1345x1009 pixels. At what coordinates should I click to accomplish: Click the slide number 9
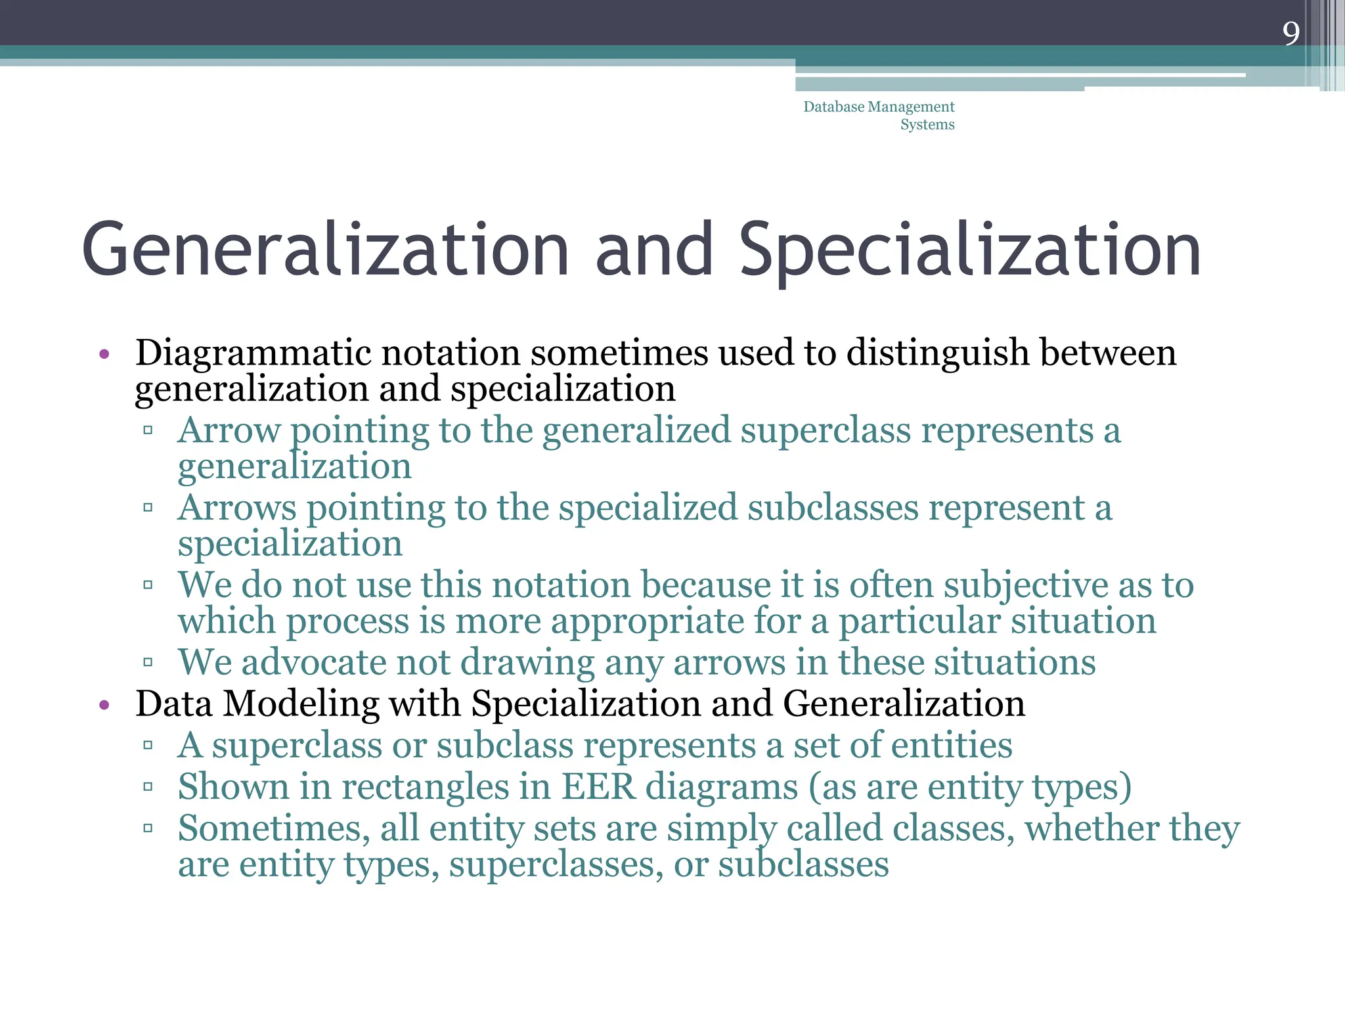(1290, 34)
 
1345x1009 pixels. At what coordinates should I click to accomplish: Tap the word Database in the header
(833, 106)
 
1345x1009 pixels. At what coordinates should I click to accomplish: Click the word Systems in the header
(927, 124)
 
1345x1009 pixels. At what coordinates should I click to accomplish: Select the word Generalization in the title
(325, 250)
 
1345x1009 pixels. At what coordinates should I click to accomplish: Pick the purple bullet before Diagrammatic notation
(104, 355)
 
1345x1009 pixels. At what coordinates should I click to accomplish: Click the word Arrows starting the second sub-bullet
(237, 508)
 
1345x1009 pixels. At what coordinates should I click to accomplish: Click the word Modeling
(301, 704)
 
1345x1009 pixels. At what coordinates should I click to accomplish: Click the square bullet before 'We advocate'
(148, 662)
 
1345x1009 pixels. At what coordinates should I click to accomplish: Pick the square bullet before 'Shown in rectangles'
(148, 786)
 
